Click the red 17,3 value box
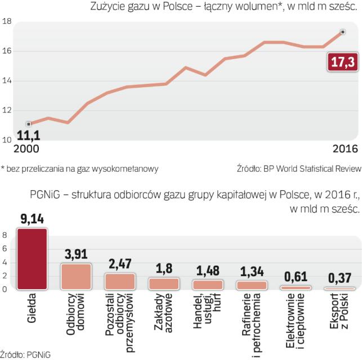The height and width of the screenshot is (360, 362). click(x=341, y=64)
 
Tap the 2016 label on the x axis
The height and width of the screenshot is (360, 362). click(x=343, y=149)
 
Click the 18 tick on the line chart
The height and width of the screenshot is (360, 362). click(x=7, y=21)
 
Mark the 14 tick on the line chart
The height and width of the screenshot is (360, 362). click(x=7, y=80)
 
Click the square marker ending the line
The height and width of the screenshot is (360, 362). click(x=342, y=32)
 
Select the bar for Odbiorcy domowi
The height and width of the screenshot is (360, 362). click(x=75, y=276)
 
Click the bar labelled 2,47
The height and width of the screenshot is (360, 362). click(x=119, y=281)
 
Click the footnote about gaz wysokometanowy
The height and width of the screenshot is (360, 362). click(x=79, y=168)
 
